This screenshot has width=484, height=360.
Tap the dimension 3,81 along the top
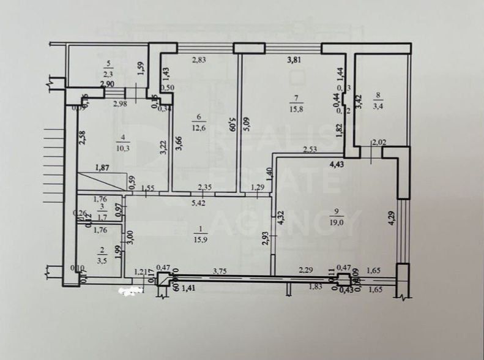[295, 60]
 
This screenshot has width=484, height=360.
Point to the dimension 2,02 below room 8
[379, 144]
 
